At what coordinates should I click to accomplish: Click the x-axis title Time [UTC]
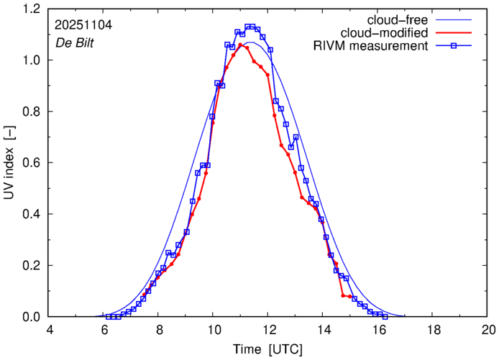coord(267,349)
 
